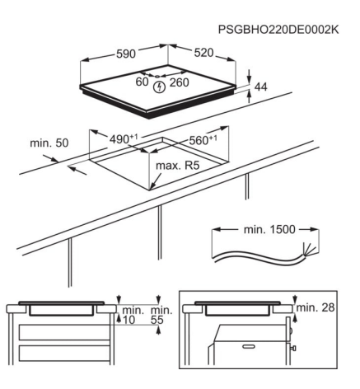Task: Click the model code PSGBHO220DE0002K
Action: [x=278, y=30]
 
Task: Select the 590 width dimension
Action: [x=126, y=54]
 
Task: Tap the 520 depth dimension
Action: [x=203, y=53]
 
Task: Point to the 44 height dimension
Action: [x=260, y=87]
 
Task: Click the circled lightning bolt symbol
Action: [x=159, y=87]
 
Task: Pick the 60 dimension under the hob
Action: [x=142, y=82]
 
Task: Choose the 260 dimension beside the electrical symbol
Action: [x=179, y=82]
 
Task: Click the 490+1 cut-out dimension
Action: [x=124, y=139]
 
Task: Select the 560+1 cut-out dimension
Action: [x=203, y=140]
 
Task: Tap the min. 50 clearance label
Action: [x=49, y=143]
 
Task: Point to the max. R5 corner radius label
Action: [x=177, y=166]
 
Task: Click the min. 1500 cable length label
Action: [x=269, y=229]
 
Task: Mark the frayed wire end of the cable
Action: [x=310, y=249]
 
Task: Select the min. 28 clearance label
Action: [x=316, y=307]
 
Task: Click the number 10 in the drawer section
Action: [x=129, y=320]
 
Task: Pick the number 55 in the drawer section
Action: [x=157, y=320]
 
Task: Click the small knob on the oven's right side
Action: [x=293, y=349]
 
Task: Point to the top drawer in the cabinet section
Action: [x=64, y=332]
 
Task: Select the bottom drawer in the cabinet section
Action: [x=64, y=354]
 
